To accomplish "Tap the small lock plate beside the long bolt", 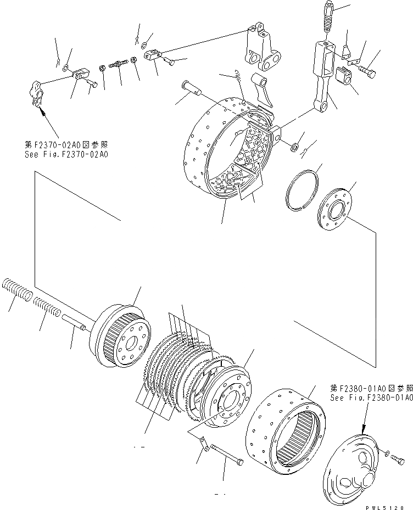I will (x=204, y=443).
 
